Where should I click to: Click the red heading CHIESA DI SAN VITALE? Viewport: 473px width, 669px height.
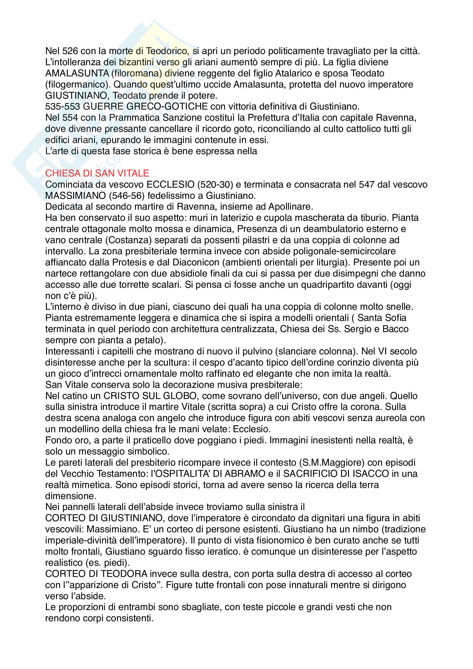97,173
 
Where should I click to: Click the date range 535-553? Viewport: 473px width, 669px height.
62,106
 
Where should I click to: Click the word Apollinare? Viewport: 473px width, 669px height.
290,207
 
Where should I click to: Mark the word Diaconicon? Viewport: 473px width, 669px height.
196,262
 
